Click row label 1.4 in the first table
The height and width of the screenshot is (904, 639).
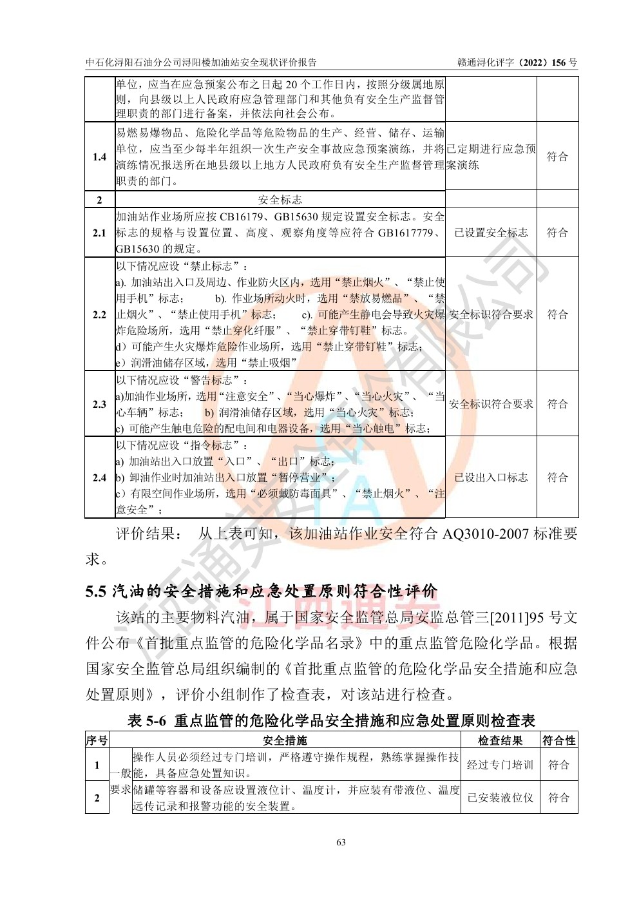click(x=99, y=157)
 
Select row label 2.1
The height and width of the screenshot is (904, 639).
click(x=99, y=233)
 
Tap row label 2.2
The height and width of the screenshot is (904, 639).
click(x=99, y=314)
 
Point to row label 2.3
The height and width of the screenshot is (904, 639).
click(x=99, y=404)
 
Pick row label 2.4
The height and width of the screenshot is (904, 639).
click(x=99, y=477)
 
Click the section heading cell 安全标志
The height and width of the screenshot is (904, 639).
click(x=280, y=199)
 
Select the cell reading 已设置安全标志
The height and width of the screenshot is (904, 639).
click(x=491, y=233)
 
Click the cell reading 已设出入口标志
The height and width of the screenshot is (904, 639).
click(x=491, y=477)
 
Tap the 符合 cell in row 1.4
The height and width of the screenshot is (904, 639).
click(x=557, y=157)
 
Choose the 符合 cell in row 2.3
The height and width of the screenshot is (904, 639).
click(x=557, y=404)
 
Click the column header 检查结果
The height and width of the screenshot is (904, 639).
click(x=500, y=740)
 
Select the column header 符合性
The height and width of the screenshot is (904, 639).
click(x=558, y=740)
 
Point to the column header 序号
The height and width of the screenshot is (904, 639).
click(x=97, y=740)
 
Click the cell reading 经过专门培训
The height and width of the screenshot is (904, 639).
click(x=500, y=765)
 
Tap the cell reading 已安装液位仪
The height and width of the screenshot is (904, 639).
click(x=500, y=798)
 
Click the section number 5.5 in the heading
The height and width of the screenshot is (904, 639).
click(x=95, y=591)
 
